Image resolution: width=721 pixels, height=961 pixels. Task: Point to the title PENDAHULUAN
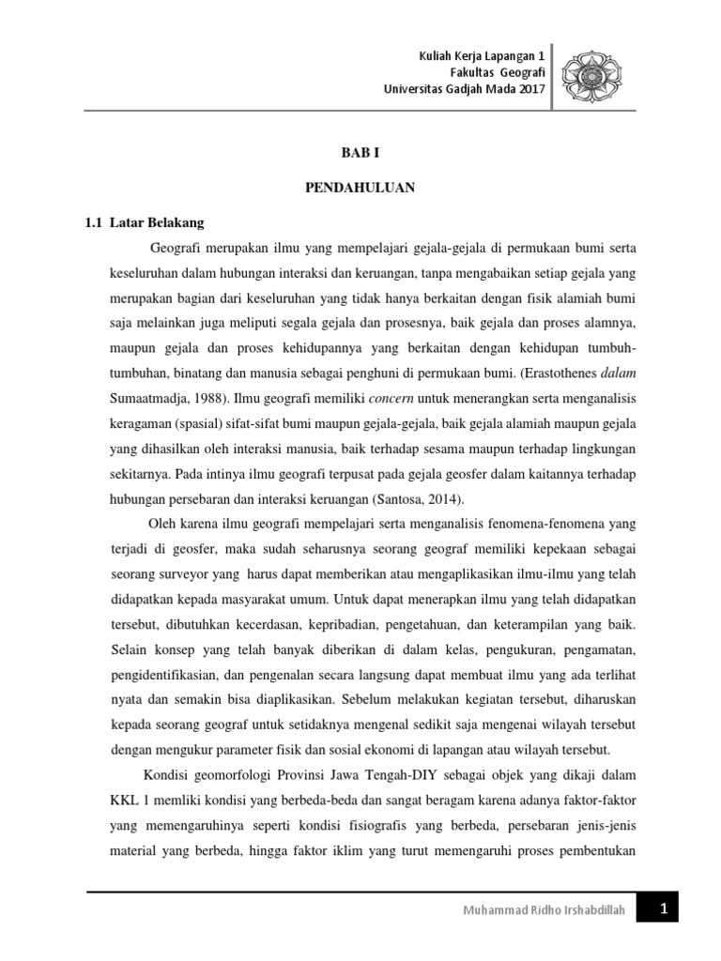[x=360, y=188]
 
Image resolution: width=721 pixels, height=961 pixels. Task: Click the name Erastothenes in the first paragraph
[x=549, y=371]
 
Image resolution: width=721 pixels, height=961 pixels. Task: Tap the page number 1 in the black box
[x=662, y=910]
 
